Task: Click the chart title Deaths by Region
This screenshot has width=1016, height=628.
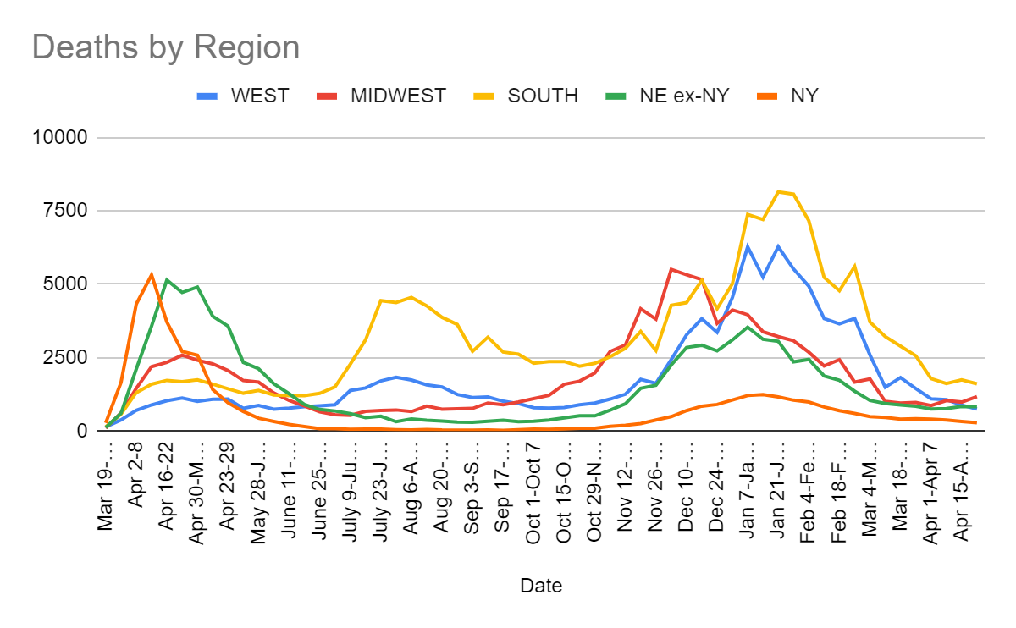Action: (x=166, y=47)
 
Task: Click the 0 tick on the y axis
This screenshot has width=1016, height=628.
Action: (x=83, y=431)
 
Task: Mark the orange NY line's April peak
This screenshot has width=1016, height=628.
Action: (x=152, y=274)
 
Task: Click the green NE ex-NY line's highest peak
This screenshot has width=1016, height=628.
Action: (x=167, y=279)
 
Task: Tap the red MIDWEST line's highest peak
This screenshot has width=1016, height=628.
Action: (x=671, y=269)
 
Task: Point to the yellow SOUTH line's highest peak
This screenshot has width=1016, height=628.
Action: (x=778, y=191)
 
